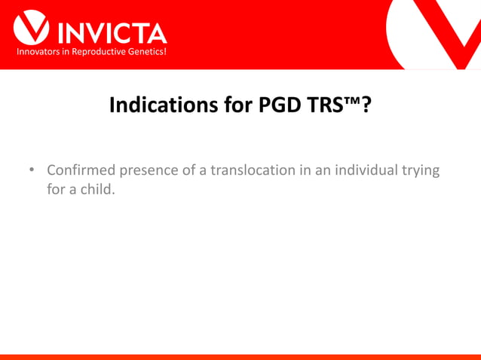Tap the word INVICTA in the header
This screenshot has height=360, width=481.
(x=110, y=32)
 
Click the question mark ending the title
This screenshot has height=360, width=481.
(x=366, y=105)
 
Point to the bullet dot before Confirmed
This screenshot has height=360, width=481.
(x=32, y=170)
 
